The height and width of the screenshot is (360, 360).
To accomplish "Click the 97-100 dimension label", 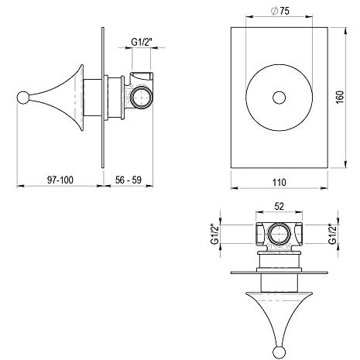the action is pos(60,180).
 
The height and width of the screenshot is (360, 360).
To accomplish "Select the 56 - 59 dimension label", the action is pos(129,180).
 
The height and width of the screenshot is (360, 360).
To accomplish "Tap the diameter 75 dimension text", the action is pos(280,11).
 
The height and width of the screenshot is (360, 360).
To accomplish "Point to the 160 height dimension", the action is pos(340,97).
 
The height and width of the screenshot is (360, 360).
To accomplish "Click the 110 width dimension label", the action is pos(279,183).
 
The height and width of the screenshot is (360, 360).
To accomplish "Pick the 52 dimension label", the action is pos(279,206).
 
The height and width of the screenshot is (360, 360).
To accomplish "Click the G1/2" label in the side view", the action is pos(141,42).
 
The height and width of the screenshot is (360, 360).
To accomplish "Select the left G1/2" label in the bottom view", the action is pos(214,234).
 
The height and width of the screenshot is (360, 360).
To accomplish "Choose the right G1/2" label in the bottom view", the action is pos(333,234).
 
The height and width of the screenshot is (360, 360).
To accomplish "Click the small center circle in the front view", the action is pos(279,98).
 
